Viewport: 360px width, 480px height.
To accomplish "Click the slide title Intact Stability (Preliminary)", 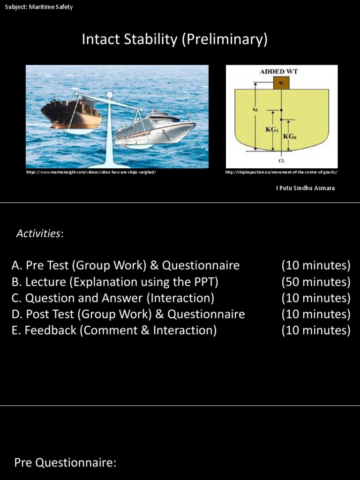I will click(x=174, y=39).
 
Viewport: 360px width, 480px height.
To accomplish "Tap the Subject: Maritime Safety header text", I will click(x=39, y=7).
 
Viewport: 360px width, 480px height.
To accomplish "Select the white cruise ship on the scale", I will click(x=155, y=129).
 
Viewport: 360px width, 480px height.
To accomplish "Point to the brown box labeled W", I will click(x=281, y=83).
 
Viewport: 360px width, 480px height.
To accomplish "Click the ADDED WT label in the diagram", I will click(x=279, y=71).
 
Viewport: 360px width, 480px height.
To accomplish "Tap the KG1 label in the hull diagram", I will click(x=272, y=129).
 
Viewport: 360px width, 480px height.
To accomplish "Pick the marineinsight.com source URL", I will click(x=91, y=172).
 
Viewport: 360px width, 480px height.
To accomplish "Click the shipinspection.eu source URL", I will click(x=281, y=172).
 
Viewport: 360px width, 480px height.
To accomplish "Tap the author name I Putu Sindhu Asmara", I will click(x=305, y=188).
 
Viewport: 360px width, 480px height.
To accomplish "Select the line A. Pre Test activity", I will click(x=125, y=266).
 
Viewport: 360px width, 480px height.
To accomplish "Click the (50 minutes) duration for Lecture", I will click(x=315, y=282).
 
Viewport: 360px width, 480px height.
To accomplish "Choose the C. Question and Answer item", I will click(x=112, y=298).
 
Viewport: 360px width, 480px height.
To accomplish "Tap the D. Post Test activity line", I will click(x=128, y=314).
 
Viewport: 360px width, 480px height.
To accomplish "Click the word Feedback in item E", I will click(x=50, y=330).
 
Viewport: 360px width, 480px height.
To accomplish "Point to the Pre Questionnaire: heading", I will click(x=65, y=463).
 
